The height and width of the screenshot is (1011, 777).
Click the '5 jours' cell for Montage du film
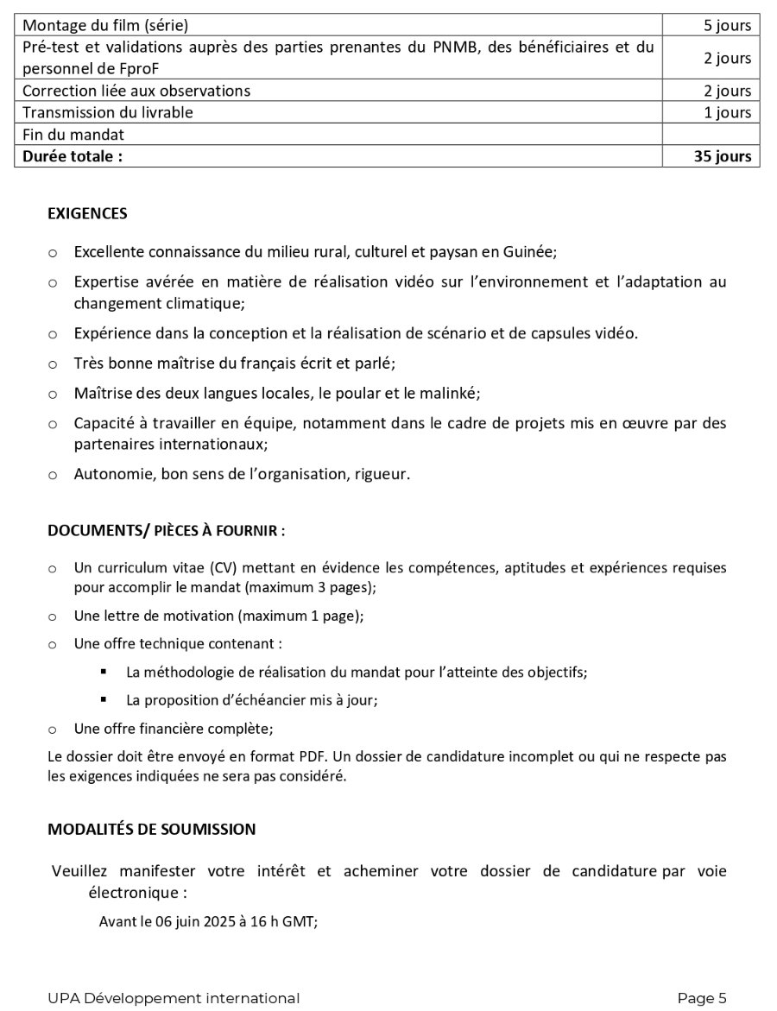click(x=727, y=25)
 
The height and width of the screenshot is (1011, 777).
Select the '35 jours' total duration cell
click(x=722, y=156)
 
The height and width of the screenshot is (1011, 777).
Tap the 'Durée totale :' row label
click(x=73, y=156)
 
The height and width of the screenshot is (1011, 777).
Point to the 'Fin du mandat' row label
click(x=73, y=135)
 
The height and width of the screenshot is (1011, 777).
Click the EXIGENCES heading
click(x=87, y=213)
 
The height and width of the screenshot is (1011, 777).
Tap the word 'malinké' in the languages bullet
click(x=451, y=393)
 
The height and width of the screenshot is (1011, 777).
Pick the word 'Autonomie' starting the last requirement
click(x=105, y=474)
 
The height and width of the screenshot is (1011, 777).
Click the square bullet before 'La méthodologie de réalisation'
click(x=104, y=671)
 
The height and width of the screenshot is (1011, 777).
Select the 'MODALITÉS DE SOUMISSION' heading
click(x=152, y=829)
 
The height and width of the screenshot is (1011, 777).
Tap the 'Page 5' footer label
click(x=702, y=998)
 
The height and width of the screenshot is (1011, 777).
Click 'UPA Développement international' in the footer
click(x=174, y=998)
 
